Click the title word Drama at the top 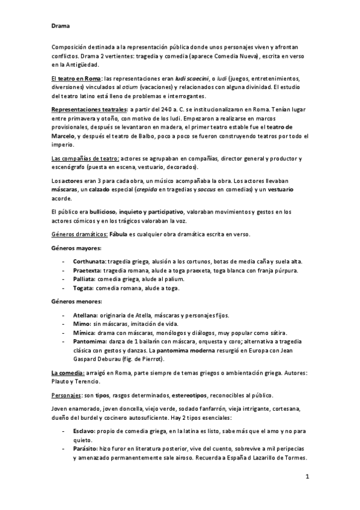coord(59,26)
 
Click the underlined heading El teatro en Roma coord(75,79)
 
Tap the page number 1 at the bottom coord(307,478)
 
